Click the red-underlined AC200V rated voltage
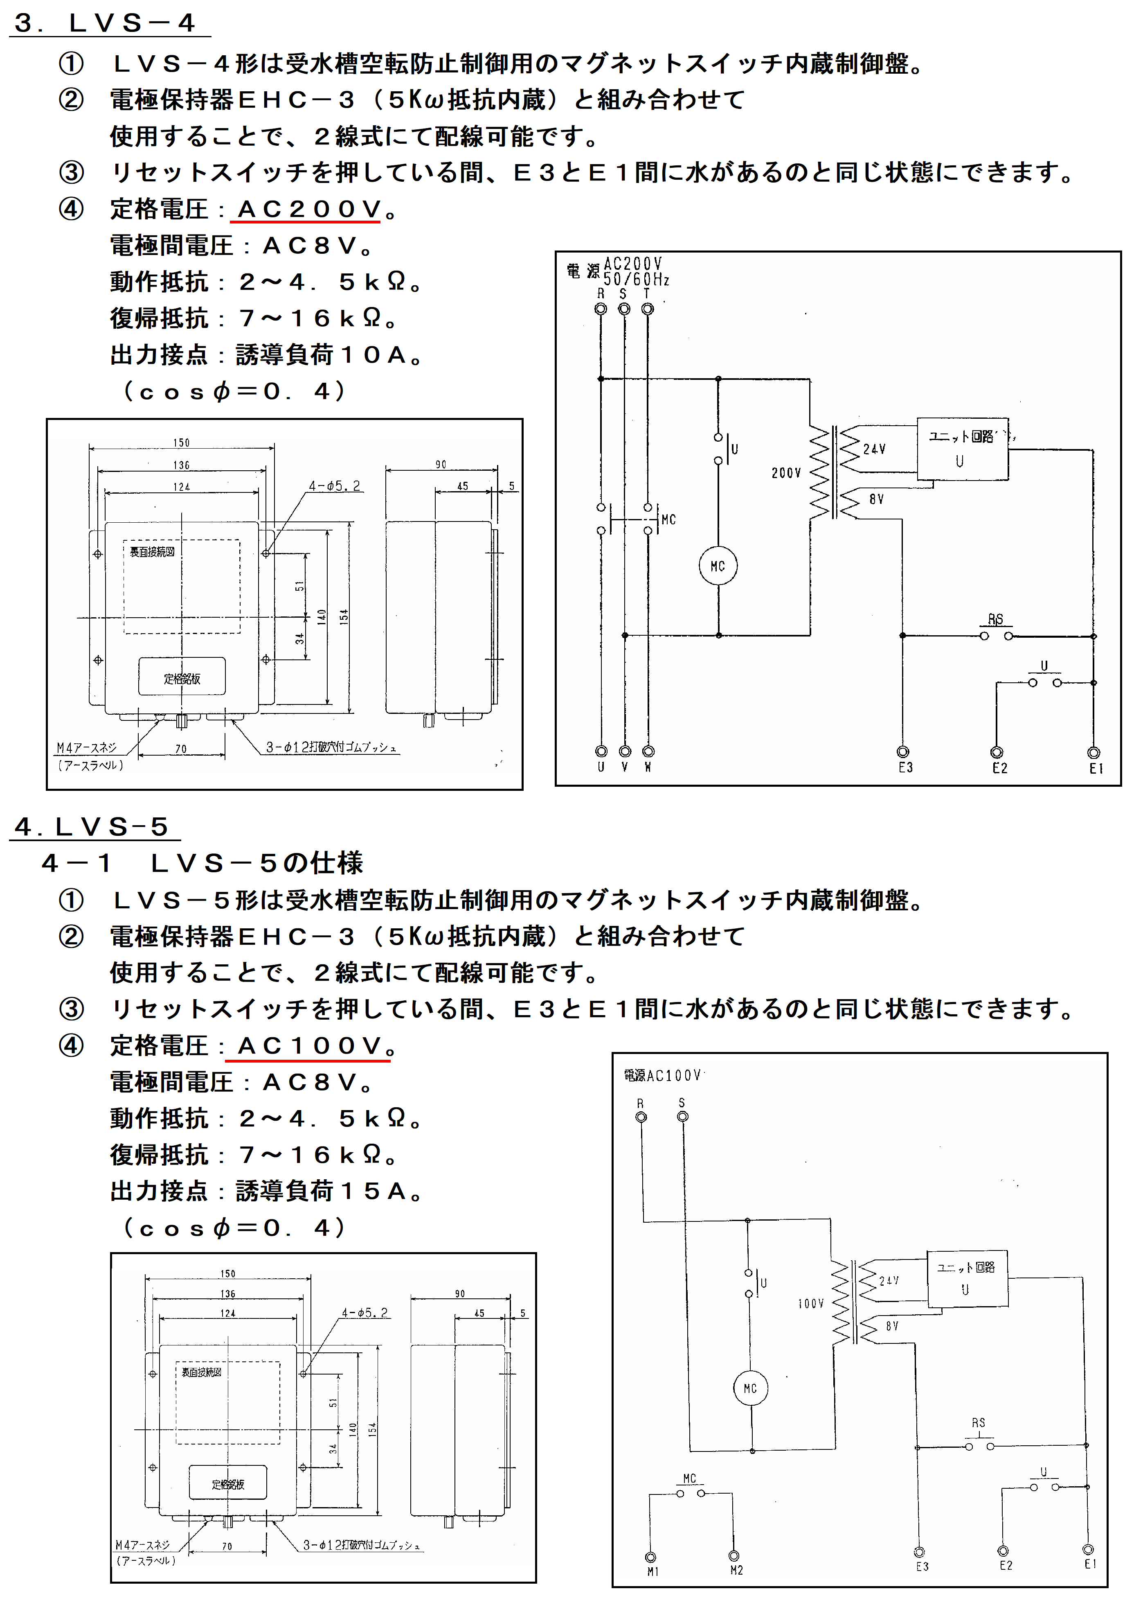310,209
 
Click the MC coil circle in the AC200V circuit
718,566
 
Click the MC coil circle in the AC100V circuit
750,1388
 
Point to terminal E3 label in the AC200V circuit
905,767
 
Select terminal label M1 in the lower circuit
652,1571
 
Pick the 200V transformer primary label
786,473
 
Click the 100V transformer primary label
811,1304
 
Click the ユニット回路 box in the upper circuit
962,449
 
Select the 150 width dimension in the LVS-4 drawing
182,442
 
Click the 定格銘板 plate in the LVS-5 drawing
228,1484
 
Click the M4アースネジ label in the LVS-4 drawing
87,748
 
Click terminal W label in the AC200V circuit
648,767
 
